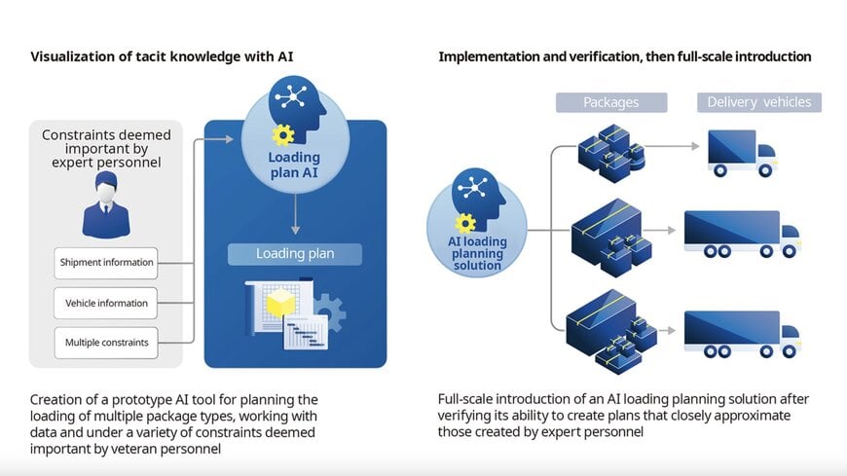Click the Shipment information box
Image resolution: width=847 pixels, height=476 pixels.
[x=107, y=262]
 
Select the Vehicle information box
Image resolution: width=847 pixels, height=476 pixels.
[x=107, y=303]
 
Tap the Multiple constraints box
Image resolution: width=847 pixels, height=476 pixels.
[x=107, y=343]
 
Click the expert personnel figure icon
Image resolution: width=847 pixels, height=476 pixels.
[x=106, y=207]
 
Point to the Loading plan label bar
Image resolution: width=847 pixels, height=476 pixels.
[x=294, y=254]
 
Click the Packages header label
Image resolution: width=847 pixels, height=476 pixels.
[x=610, y=102]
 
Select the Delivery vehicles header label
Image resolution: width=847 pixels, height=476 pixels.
[x=758, y=102]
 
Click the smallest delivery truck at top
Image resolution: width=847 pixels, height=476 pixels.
[x=741, y=154]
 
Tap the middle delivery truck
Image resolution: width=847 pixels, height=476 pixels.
[x=741, y=234]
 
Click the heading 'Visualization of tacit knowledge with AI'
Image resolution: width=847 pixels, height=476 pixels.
[x=163, y=56]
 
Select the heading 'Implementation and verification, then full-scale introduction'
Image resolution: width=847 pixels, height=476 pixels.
[x=624, y=56]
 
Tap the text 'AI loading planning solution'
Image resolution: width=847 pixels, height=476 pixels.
[x=477, y=254]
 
